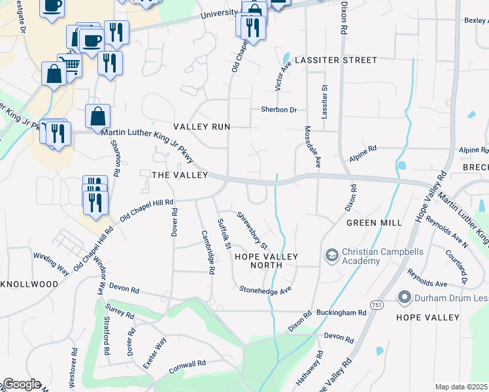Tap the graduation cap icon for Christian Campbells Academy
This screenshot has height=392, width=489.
coord(331,254)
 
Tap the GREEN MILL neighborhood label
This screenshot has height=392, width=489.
coord(375,222)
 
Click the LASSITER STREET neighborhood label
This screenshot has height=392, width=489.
coord(335,60)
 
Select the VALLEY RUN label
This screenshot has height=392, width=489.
coord(201,127)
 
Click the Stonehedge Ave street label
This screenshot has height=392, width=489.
coord(265,289)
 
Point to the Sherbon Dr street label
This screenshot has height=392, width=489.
coord(278,110)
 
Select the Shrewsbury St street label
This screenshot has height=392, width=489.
coord(252,229)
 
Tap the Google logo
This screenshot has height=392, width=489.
coord(21,384)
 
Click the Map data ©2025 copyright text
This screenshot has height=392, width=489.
coord(462,387)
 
